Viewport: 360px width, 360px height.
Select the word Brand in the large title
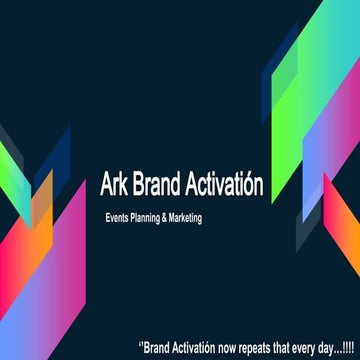162,186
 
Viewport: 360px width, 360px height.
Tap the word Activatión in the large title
228,186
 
